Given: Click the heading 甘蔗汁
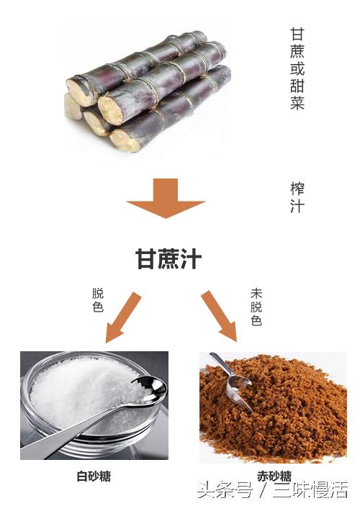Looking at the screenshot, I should click(168, 259).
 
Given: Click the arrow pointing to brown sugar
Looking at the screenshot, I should click(219, 315).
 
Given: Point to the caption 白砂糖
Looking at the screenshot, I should click(94, 476).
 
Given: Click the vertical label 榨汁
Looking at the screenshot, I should click(297, 198).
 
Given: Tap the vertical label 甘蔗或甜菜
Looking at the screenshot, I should click(297, 68).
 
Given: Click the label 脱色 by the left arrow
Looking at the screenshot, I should click(98, 300).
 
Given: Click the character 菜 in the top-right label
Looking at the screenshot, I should click(297, 103).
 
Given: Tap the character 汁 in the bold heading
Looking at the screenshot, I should click(191, 259).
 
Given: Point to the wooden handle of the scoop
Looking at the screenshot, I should click(215, 360).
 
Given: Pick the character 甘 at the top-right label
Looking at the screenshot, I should click(297, 35).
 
